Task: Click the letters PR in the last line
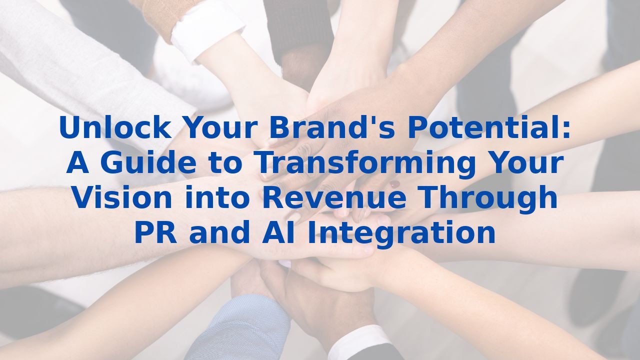click(155, 232)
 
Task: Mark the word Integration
click(401, 232)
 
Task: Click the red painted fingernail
click(394, 184)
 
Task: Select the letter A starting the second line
click(77, 163)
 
